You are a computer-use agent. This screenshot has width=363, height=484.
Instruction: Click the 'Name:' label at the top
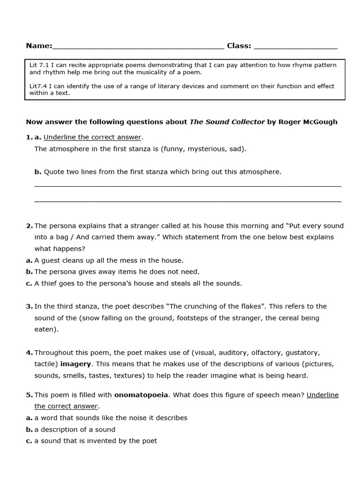pos(39,46)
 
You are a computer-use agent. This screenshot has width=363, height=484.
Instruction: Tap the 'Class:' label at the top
pos(239,46)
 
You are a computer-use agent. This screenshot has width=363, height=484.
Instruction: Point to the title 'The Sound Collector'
pos(227,122)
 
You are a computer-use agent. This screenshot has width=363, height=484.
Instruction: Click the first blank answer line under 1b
pos(188,185)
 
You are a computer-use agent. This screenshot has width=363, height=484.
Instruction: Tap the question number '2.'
pos(29,226)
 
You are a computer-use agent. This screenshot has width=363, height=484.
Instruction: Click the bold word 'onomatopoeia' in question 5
pos(141,395)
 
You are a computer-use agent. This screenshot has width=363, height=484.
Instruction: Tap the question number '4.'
pos(29,353)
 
